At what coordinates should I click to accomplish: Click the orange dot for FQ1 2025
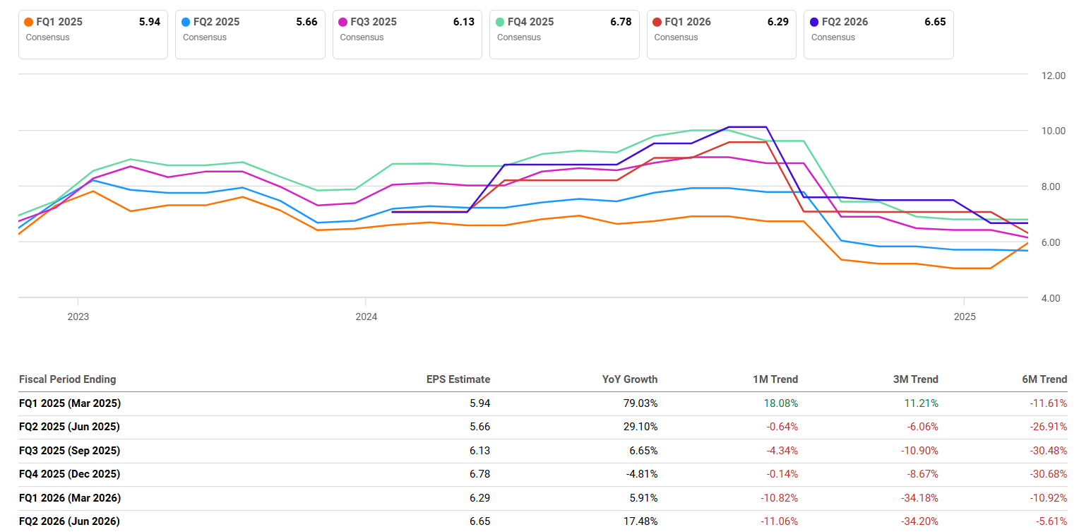coord(28,22)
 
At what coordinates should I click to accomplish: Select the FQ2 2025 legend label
coord(216,22)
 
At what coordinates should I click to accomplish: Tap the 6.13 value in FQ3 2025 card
coord(463,22)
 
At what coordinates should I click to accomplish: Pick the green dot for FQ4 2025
coord(499,22)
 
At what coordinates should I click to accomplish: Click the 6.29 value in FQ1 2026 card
coord(777,22)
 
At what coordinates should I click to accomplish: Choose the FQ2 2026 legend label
coord(845,22)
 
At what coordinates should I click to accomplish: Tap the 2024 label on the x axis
coord(366,317)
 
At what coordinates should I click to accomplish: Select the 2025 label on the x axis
coord(965,317)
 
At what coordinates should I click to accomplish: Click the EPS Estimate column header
coord(458,379)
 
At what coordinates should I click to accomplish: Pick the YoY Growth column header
coord(629,379)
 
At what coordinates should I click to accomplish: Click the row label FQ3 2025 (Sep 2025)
coord(70,451)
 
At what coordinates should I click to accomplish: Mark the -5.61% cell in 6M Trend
coord(1050,521)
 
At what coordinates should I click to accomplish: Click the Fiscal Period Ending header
coord(67,379)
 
